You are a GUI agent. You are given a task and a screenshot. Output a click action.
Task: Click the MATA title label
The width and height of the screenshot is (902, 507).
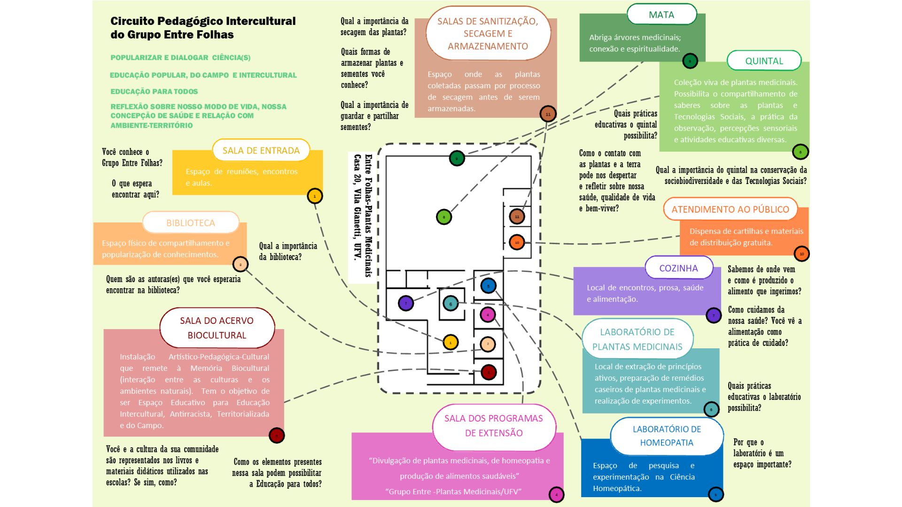(661, 15)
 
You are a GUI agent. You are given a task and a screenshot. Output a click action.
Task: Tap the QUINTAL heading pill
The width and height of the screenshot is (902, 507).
(764, 61)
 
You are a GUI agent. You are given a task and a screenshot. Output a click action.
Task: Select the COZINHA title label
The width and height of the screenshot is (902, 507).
(678, 268)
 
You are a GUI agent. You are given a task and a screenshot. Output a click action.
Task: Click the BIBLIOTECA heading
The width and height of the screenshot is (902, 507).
(190, 223)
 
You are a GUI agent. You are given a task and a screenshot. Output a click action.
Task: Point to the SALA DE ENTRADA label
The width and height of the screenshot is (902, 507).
(261, 151)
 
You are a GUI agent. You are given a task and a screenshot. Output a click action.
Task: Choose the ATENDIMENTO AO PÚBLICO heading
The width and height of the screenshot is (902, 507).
(730, 209)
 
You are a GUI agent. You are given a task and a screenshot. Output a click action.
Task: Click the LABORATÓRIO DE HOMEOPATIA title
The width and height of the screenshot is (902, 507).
(667, 436)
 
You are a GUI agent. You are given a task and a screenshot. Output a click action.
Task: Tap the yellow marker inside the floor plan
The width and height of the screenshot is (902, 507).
(451, 342)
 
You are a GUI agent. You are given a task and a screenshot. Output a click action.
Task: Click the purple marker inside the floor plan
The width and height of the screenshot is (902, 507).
(406, 303)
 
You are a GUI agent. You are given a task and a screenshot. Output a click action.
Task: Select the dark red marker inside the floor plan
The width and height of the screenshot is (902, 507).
(489, 372)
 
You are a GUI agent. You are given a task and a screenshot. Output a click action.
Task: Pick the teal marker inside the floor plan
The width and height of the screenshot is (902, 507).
(451, 304)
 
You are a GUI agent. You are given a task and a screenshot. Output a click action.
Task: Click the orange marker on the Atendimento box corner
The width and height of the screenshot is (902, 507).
(801, 254)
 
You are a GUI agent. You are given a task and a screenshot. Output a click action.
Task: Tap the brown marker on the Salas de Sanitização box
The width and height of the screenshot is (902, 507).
(548, 114)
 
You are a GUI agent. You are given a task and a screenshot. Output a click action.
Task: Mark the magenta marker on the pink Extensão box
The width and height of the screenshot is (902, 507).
(556, 494)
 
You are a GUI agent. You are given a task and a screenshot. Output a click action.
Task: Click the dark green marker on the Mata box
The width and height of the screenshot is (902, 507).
(690, 61)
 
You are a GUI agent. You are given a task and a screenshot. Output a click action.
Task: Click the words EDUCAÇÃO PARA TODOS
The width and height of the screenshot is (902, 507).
(154, 92)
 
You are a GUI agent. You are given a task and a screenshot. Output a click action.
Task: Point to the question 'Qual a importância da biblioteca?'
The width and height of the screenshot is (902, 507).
(288, 252)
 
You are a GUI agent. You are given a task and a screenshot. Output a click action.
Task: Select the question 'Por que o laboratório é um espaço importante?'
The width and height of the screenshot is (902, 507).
(762, 453)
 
